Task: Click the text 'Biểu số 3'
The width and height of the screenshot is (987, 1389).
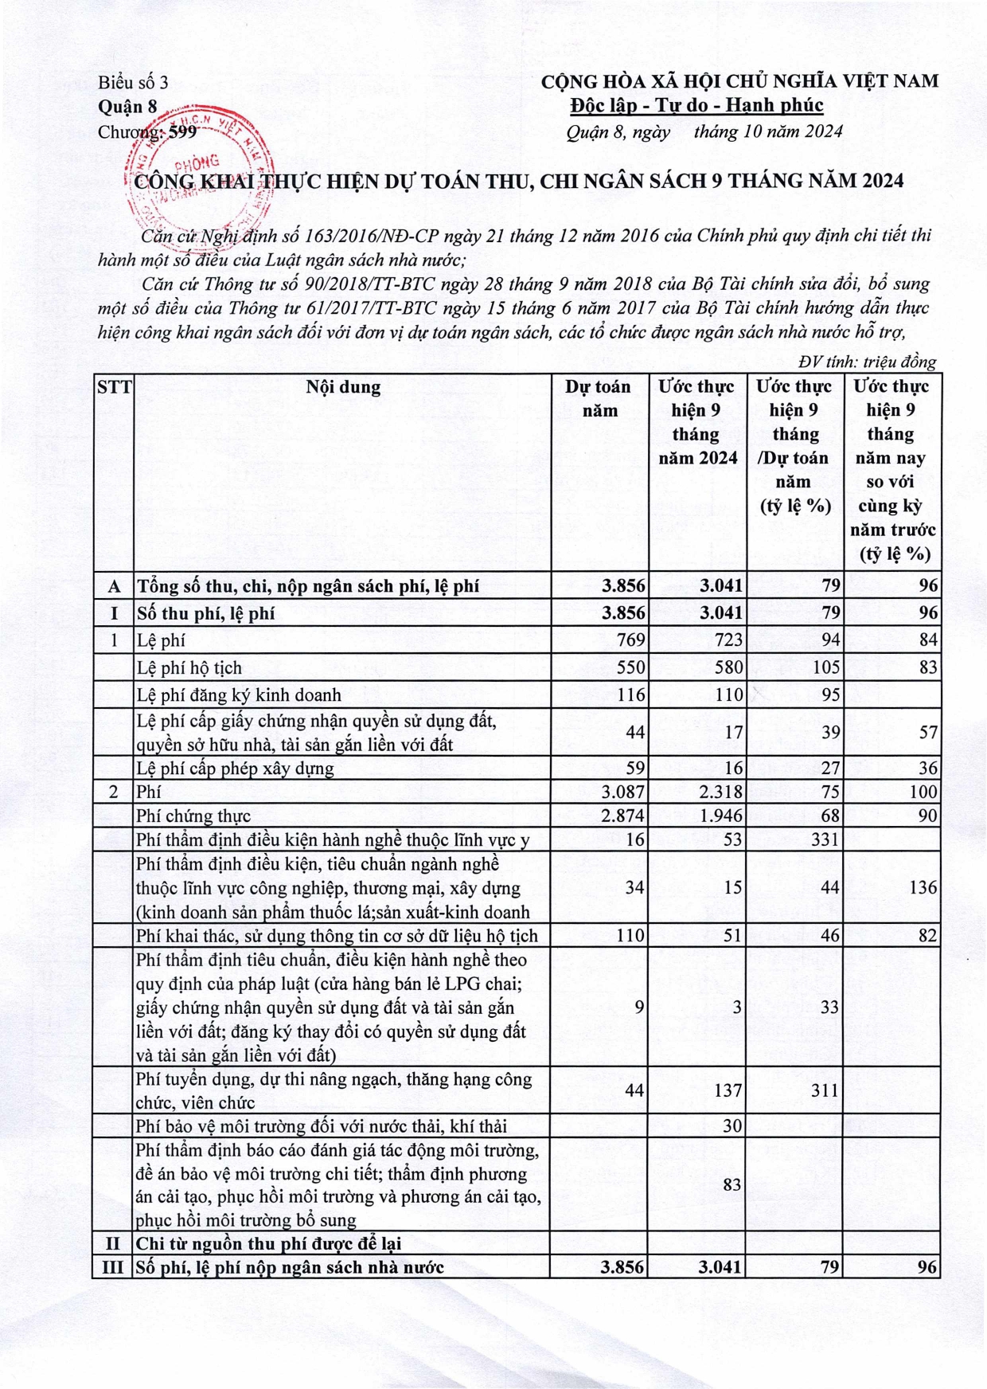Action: click(x=133, y=82)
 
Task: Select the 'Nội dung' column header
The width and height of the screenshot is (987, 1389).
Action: click(x=343, y=387)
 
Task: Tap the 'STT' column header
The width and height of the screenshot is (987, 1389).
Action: click(x=114, y=387)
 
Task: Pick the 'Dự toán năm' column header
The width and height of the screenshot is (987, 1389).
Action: click(x=599, y=398)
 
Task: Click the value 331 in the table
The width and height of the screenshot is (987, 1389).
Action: click(x=825, y=839)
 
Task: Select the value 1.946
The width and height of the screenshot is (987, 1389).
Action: click(x=720, y=816)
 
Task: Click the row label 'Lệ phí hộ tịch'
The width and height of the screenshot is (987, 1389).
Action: click(x=189, y=667)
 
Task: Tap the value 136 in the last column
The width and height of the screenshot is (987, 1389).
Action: click(x=923, y=887)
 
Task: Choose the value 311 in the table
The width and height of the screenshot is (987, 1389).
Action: click(x=825, y=1090)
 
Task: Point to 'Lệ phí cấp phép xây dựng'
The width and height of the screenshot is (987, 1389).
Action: click(x=235, y=769)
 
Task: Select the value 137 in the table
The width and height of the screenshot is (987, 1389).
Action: click(x=728, y=1090)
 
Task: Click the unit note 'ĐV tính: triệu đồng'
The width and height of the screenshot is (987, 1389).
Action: click(x=868, y=362)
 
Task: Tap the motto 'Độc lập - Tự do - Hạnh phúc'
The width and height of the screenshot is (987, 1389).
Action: click(x=696, y=105)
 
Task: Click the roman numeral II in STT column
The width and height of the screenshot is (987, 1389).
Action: click(x=113, y=1243)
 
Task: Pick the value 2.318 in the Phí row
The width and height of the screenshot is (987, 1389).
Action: click(x=720, y=792)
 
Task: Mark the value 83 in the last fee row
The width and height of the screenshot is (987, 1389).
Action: click(x=732, y=1184)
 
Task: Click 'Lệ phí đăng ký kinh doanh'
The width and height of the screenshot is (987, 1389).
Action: click(x=239, y=694)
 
